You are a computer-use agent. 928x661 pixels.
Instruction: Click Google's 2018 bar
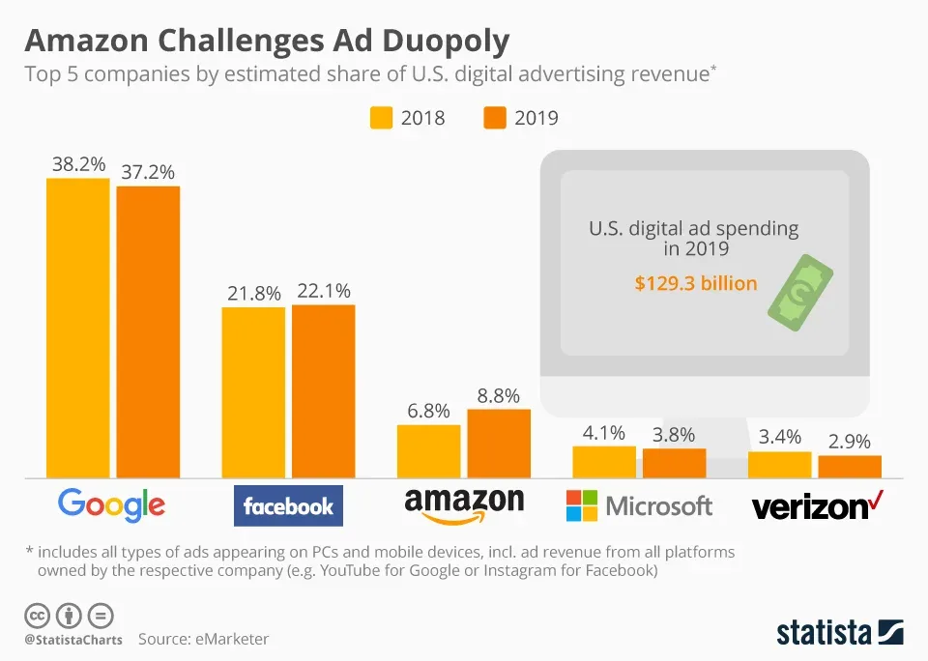77,328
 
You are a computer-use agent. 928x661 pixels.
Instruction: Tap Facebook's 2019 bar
323,390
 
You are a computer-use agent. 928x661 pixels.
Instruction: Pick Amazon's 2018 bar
428,450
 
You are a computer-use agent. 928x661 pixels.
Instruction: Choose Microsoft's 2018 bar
604,461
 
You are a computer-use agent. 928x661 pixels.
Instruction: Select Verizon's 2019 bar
850,466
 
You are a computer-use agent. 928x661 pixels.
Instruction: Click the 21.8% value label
253,293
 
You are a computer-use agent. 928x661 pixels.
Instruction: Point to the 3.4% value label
778,437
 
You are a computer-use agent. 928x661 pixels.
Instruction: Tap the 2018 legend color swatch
381,118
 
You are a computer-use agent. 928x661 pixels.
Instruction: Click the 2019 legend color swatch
494,118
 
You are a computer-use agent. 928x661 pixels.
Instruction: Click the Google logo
111,504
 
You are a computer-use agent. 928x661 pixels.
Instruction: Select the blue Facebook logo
288,505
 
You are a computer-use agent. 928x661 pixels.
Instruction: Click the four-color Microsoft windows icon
582,505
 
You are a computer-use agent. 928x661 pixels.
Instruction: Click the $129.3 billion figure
695,283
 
